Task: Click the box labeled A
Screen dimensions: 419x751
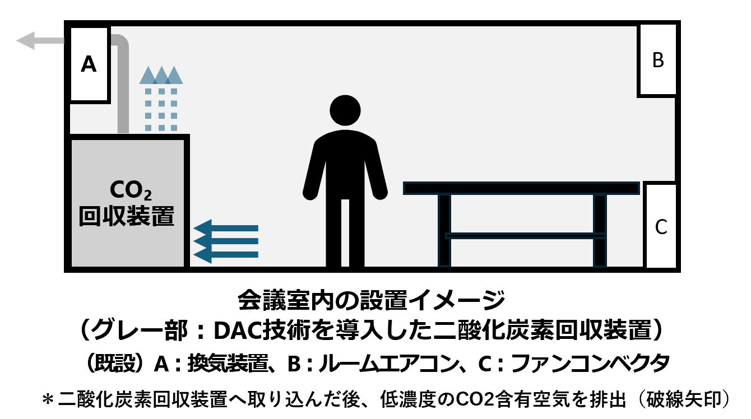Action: click(89, 65)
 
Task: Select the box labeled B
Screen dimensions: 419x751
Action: click(658, 60)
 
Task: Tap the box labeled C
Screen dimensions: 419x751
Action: click(661, 226)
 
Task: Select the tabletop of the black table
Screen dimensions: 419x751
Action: click(521, 188)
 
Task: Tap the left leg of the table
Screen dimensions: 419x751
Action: click(444, 230)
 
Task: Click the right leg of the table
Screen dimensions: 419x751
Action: click(600, 230)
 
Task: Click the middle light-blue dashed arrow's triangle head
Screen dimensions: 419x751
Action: click(161, 76)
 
